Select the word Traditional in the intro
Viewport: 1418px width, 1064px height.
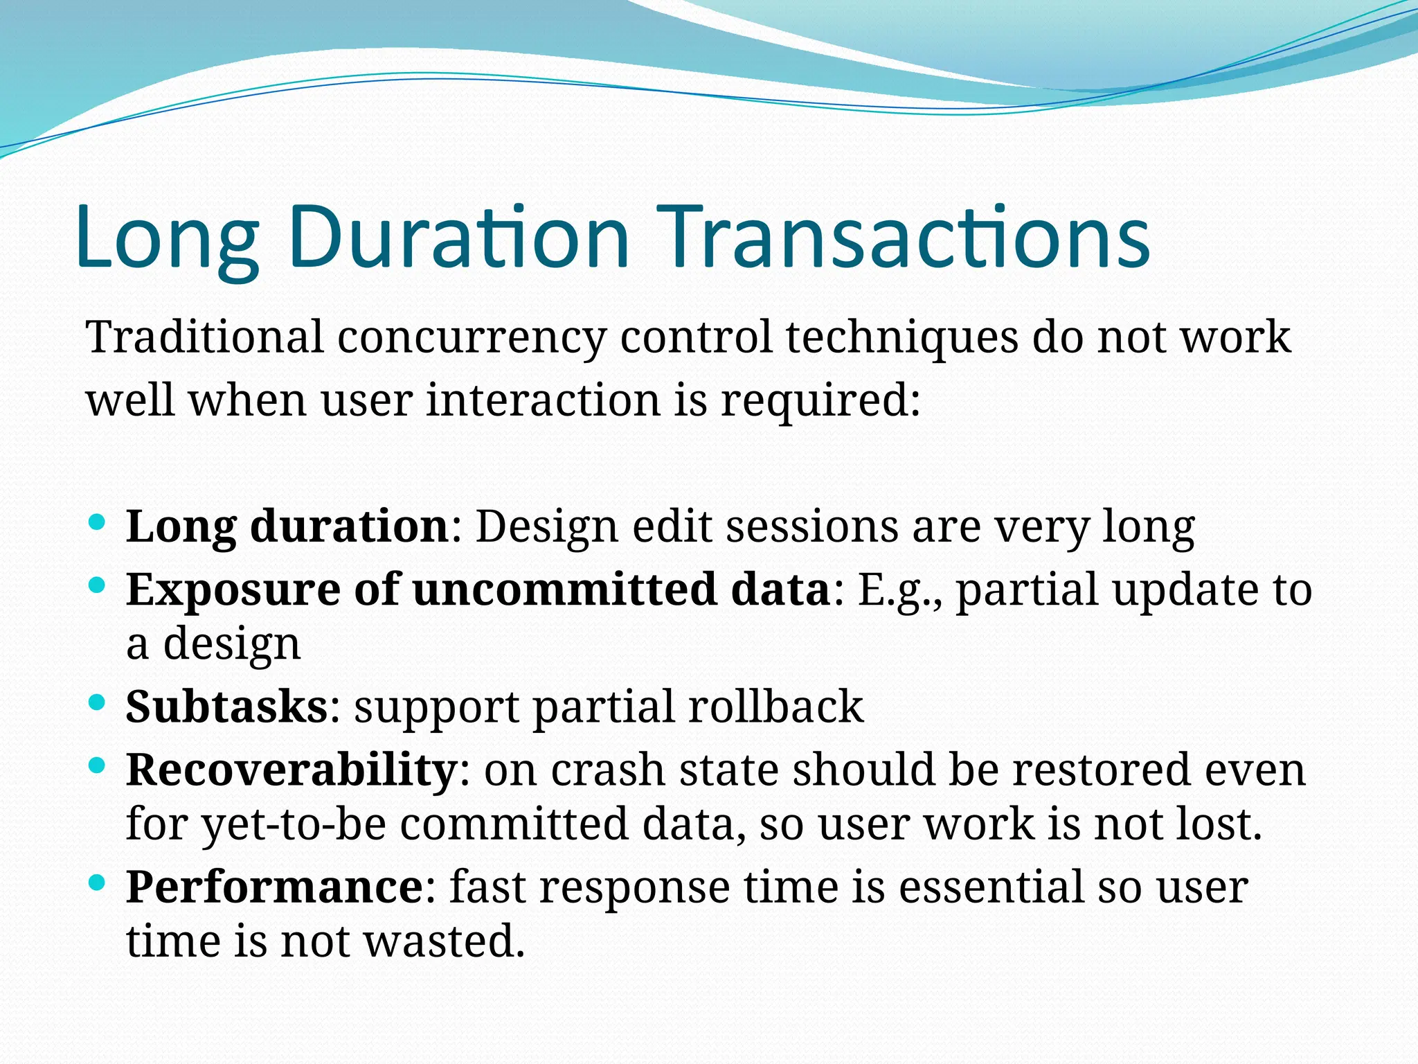205,337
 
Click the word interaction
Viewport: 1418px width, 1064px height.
543,401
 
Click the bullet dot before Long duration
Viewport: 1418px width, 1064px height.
98,521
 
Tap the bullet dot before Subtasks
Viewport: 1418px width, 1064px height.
98,702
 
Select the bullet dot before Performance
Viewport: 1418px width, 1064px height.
98,883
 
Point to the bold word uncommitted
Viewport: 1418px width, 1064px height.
564,589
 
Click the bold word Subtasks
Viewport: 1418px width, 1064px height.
226,707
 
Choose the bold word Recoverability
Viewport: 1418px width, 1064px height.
291,770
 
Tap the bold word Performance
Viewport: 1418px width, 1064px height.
274,887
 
